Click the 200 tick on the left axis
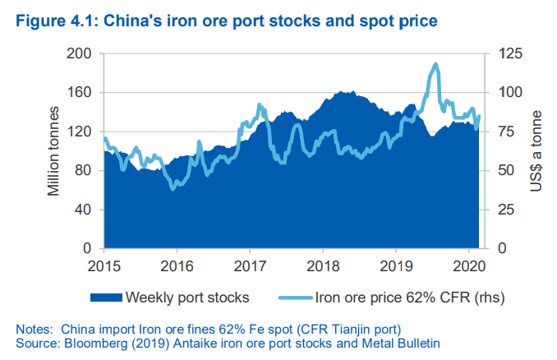79,53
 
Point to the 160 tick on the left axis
79,92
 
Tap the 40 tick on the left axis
83,210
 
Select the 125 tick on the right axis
510,53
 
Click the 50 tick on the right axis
506,170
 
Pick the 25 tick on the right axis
506,210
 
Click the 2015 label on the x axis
104,266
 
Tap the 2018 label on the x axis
323,266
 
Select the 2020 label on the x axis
469,266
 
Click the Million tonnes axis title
53,151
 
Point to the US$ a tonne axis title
536,151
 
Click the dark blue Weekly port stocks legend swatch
106,298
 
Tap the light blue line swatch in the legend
296,298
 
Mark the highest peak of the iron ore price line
435,65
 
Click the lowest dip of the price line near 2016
173,189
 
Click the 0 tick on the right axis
502,248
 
